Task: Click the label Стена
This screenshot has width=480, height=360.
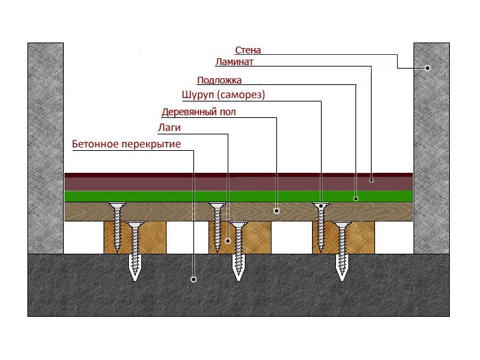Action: click(248, 50)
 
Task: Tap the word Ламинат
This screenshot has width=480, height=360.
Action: click(235, 62)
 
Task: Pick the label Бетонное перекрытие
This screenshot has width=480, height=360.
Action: click(126, 144)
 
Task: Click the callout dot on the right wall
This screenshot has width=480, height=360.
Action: click(427, 68)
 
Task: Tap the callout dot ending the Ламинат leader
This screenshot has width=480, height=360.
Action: click(371, 180)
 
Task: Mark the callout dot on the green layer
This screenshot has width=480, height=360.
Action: click(356, 198)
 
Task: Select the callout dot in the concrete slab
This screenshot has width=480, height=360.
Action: click(193, 279)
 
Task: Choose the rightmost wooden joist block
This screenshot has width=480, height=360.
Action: click(357, 237)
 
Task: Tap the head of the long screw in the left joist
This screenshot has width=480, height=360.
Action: click(134, 225)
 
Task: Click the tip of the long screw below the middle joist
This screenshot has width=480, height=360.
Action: click(239, 278)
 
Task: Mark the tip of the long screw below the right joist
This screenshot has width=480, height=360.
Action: click(341, 278)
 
